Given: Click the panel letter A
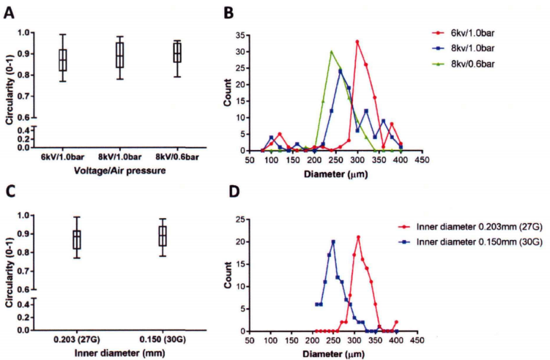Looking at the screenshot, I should pos(10,13).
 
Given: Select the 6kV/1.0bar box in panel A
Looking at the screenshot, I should pos(63,59).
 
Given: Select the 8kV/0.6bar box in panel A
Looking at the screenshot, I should pos(176,53).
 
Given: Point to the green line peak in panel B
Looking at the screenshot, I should pos(331,51).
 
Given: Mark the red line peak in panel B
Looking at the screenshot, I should pos(357,41).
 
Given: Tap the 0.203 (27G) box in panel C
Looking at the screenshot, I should pos(76,239).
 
